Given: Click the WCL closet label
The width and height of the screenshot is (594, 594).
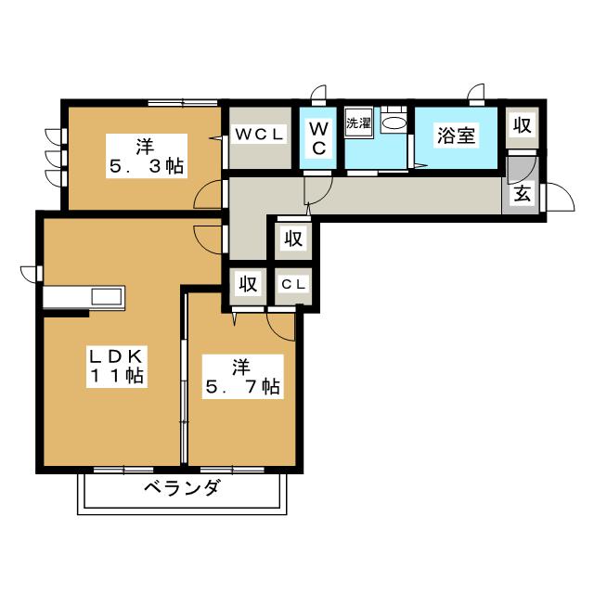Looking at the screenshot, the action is point(260,134).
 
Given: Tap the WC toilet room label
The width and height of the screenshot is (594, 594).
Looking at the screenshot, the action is point(318,138).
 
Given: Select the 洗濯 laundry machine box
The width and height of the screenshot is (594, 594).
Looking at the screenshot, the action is point(358,123).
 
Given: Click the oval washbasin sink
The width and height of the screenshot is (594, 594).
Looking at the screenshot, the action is point(394,123).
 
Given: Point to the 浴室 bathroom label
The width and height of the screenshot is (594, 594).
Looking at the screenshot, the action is point(456,136).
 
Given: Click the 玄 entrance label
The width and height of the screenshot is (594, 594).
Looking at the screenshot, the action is point(522,194).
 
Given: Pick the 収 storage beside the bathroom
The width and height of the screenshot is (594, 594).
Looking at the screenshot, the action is point(523,125).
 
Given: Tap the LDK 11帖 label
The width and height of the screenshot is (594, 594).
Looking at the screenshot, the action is point(117,366).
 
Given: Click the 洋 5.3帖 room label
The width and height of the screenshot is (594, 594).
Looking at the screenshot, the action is point(147,156).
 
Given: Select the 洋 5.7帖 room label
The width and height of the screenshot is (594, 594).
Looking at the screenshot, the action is point(243,377).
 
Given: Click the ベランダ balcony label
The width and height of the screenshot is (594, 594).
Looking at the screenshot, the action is point(182,487).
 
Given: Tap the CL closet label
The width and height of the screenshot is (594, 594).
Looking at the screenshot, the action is point(293,285).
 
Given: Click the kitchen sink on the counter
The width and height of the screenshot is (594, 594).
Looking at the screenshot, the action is point(108,297).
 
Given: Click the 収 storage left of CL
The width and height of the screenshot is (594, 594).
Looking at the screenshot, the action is point(248,284).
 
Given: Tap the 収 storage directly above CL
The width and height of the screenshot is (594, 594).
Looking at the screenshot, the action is point(293,239).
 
